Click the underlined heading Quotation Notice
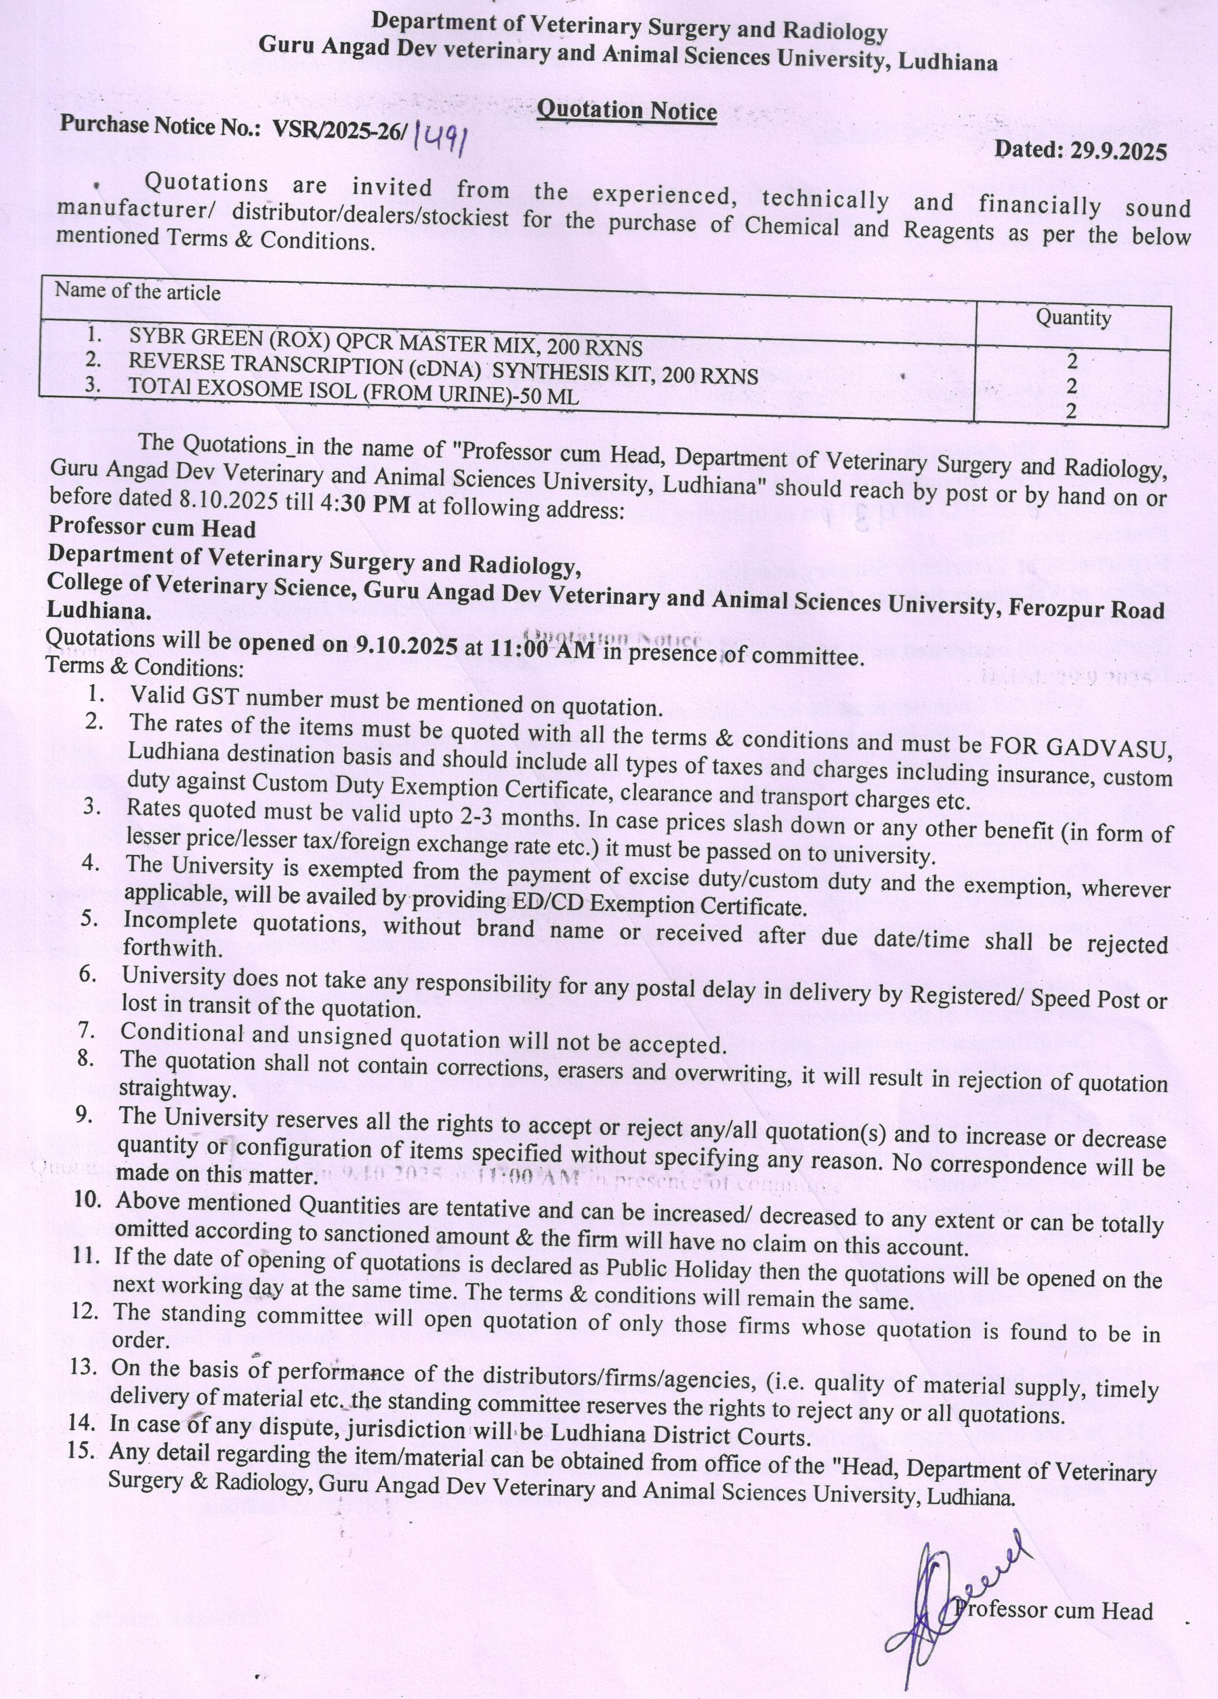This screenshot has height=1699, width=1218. [627, 111]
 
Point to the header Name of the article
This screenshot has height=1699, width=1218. [138, 291]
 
